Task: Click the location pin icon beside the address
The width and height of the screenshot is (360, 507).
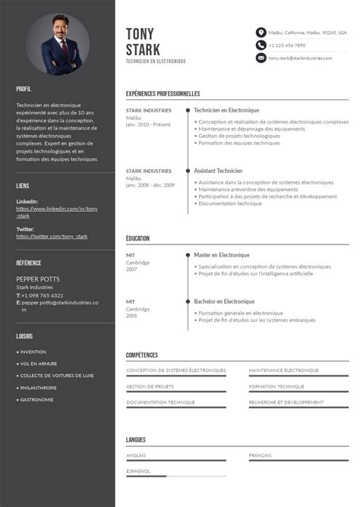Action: point(261,33)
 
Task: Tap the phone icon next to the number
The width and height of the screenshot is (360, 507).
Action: point(261,46)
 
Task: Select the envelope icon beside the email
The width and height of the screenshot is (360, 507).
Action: point(261,58)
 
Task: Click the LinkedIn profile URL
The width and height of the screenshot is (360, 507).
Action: point(57,212)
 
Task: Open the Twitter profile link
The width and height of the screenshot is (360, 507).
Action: point(52,236)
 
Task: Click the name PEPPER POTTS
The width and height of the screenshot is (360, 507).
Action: point(38,279)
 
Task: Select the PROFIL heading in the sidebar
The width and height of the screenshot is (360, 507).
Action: point(24,89)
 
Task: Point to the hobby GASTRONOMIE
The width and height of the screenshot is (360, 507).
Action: point(36,399)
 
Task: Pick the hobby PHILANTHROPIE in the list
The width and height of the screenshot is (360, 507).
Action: point(39,387)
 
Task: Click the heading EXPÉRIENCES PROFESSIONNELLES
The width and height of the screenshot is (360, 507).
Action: point(163,94)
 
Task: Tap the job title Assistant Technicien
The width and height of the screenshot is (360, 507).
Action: point(218,171)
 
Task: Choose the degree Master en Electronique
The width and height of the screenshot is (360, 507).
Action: point(221,255)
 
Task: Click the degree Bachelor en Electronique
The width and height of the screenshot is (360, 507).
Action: point(223,301)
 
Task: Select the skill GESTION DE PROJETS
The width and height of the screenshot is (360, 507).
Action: point(150,386)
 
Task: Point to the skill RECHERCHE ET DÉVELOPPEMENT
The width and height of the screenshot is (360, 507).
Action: point(286,402)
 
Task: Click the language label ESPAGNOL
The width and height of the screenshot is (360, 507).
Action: point(138,471)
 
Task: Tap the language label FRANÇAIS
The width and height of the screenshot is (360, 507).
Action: point(260,455)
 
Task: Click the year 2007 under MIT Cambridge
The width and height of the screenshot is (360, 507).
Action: point(131,269)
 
